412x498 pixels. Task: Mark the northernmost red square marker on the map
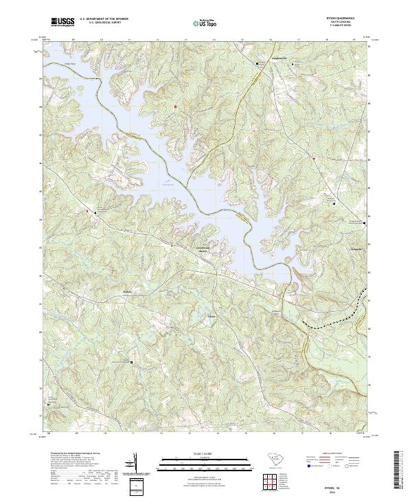pos(175,106)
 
